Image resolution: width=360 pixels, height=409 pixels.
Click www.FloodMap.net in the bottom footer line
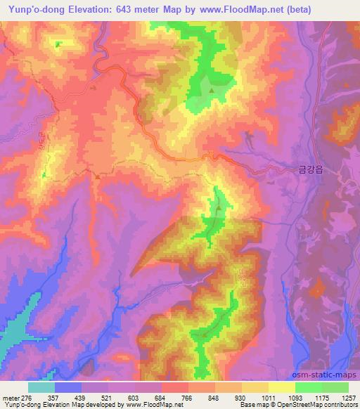[x=148, y=405]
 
